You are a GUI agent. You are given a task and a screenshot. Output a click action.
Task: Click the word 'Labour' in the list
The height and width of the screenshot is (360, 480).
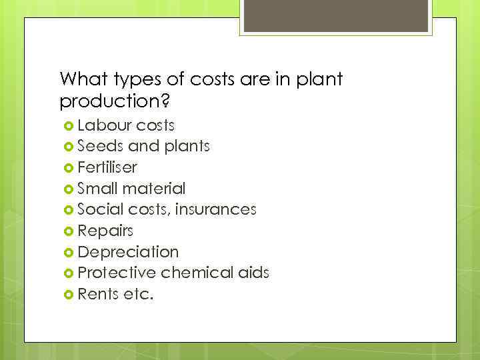[x=104, y=125]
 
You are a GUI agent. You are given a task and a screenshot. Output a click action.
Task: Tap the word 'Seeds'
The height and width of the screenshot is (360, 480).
[x=100, y=146]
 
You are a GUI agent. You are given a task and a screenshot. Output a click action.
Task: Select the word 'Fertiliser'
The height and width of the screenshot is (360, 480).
[x=108, y=167]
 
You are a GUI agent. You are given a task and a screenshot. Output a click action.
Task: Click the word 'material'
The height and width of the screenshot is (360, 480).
[x=153, y=189]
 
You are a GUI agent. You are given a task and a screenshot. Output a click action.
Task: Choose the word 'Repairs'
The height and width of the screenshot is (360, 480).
[x=105, y=231]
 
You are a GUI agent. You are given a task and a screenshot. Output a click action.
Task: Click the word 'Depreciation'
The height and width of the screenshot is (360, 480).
[x=128, y=252]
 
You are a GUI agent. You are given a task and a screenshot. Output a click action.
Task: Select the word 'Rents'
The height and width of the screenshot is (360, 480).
[x=98, y=294]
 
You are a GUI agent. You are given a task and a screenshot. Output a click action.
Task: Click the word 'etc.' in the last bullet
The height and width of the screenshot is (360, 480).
[x=138, y=294]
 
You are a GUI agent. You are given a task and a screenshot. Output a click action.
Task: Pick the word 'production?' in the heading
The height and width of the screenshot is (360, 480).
[x=111, y=102]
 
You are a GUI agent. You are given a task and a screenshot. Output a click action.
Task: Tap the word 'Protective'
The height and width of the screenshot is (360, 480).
[x=117, y=273]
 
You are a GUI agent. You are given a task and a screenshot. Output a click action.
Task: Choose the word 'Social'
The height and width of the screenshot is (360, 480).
[x=100, y=209]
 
